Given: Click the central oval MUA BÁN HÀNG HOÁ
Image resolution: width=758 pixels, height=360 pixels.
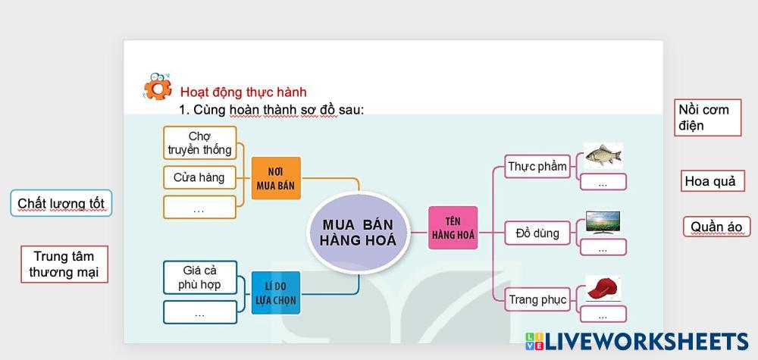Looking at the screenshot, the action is click(359, 233).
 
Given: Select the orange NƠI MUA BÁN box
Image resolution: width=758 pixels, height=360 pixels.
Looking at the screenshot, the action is click(276, 178).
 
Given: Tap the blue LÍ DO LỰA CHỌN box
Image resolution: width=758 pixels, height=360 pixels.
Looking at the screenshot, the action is click(276, 293).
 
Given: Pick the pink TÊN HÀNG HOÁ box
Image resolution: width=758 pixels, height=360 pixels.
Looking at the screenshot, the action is click(453, 227).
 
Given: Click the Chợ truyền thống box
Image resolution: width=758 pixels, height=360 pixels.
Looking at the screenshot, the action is click(199, 143).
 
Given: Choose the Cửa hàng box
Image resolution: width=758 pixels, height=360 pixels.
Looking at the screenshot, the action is click(199, 177).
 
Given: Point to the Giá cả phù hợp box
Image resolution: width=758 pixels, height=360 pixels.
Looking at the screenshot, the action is click(200, 277).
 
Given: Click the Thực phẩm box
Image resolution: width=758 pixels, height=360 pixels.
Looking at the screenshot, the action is click(537, 167).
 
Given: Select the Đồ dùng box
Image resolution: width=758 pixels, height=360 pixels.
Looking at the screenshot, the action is click(537, 233).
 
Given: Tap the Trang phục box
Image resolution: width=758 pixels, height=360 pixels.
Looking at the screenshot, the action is click(537, 299).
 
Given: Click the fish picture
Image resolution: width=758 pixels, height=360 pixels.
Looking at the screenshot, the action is click(603, 155).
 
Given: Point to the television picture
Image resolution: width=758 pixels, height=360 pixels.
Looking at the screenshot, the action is click(603, 222).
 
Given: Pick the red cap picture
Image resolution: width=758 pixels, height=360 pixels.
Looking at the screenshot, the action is click(603, 289).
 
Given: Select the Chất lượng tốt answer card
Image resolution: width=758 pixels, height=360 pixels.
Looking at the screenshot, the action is click(61, 203).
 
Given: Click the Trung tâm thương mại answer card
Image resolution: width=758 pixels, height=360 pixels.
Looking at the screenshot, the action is click(64, 264).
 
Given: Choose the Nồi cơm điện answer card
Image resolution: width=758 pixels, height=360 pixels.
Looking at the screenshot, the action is click(708, 117).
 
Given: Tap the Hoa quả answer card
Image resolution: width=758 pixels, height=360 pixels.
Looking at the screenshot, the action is click(713, 180).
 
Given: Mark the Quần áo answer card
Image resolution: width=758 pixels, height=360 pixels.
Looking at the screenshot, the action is click(716, 227).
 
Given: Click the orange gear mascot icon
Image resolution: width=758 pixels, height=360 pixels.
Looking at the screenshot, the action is click(158, 86).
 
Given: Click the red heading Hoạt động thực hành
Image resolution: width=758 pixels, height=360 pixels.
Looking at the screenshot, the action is click(243, 92).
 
